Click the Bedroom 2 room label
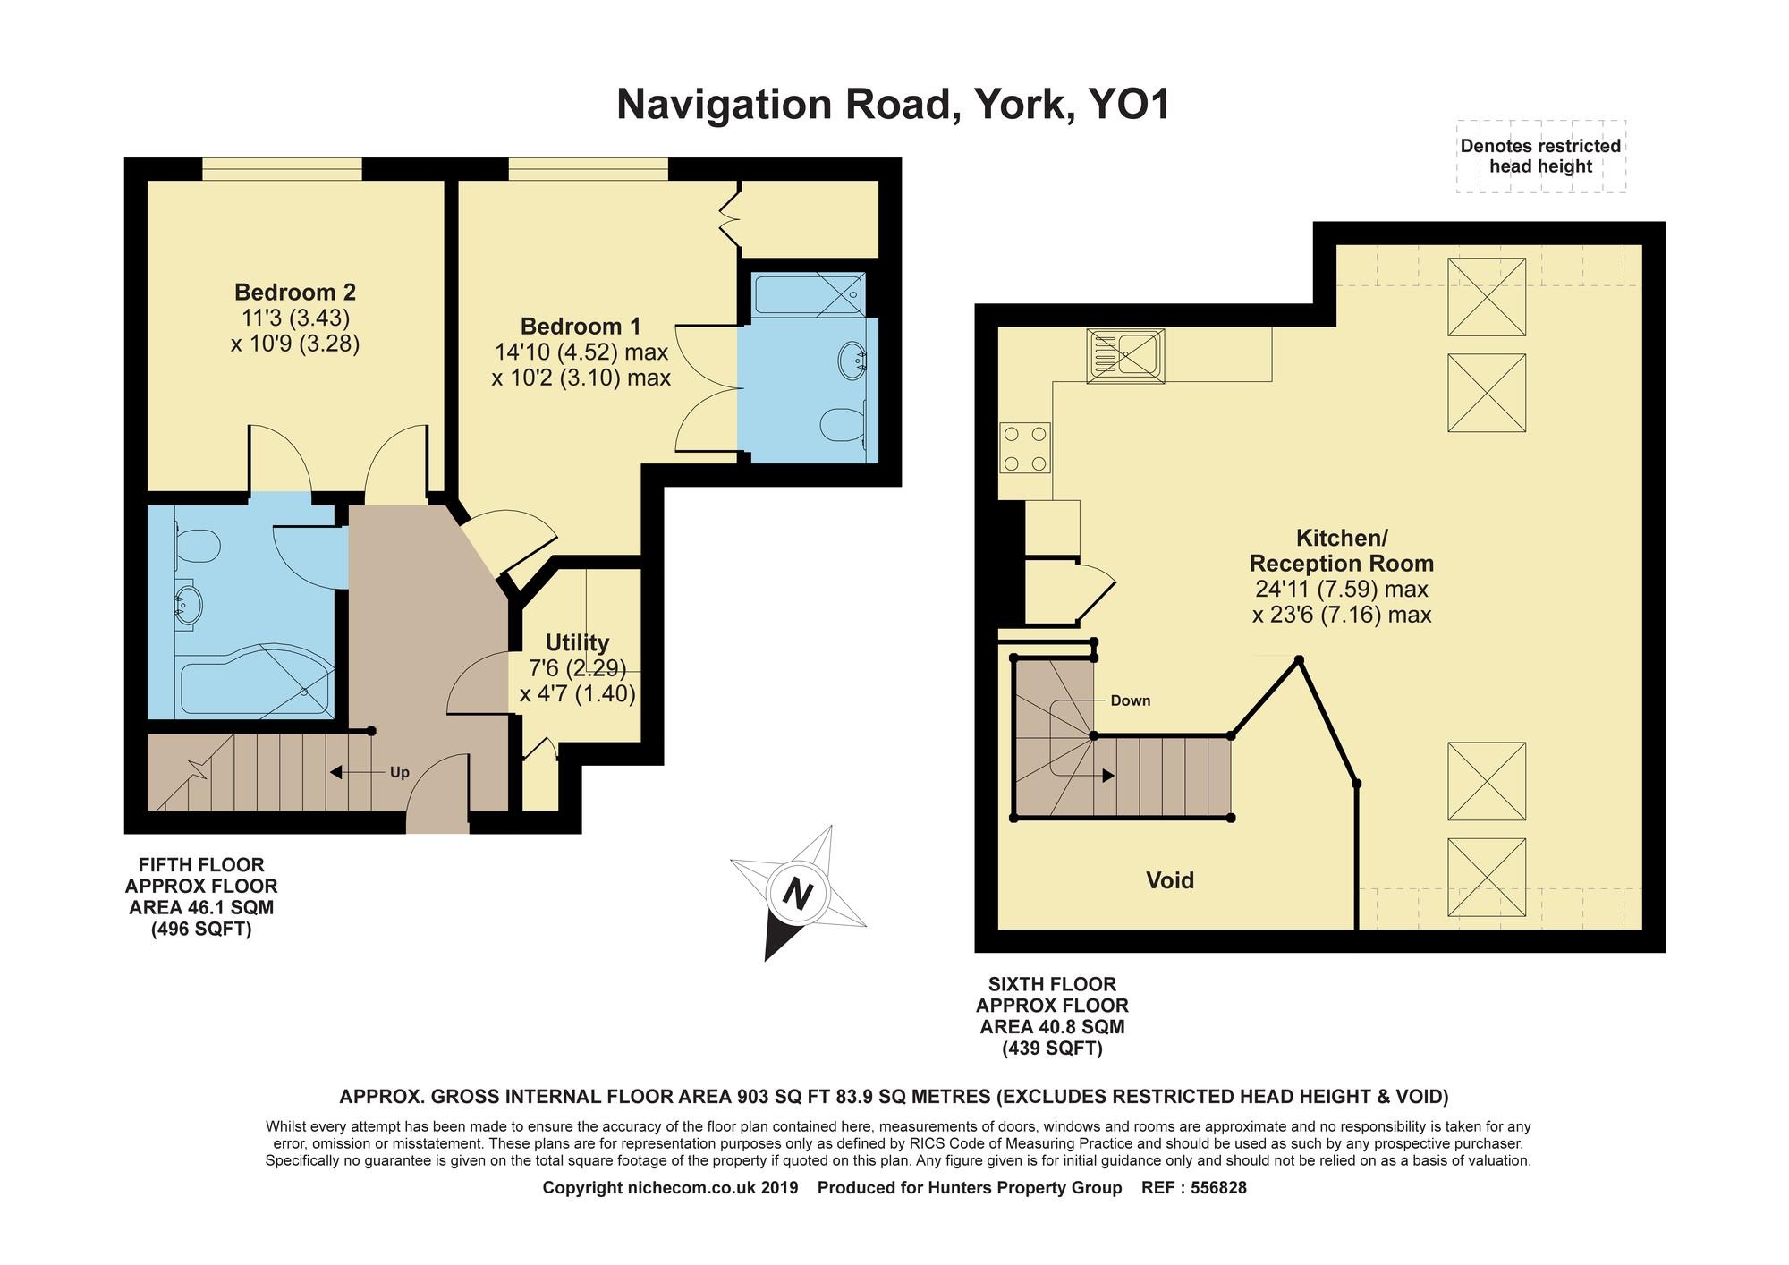[x=295, y=293]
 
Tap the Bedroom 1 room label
[x=581, y=327]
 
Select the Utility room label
[x=577, y=642]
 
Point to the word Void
[x=1170, y=880]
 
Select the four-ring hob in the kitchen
[x=1025, y=448]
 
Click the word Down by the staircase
[x=1131, y=700]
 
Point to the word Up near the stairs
[x=399, y=772]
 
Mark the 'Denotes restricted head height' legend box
[x=1540, y=157]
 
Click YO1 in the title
[x=1128, y=105]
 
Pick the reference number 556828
[x=1212, y=1188]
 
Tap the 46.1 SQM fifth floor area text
[x=201, y=907]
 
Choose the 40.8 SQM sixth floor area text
[x=1052, y=1026]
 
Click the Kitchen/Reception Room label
[x=1341, y=551]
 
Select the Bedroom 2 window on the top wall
[x=282, y=169]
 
